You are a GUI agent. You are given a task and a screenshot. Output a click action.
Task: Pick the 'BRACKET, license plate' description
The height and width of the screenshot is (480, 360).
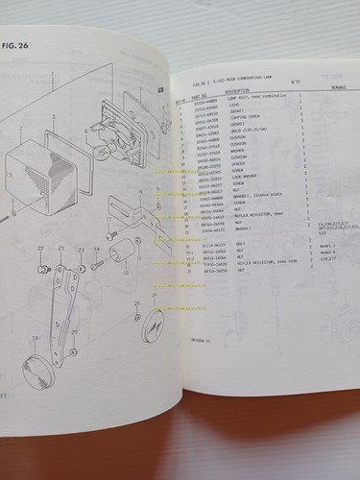click(253, 194)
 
